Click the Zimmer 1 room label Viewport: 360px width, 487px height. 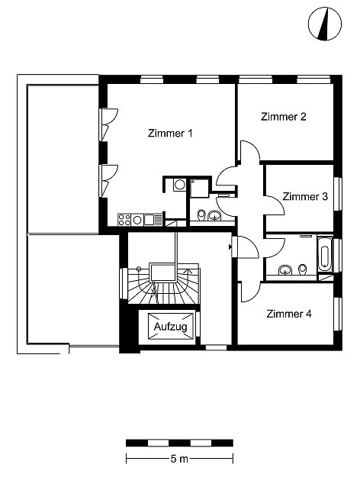tap(170, 134)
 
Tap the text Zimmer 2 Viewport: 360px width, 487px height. tap(283, 117)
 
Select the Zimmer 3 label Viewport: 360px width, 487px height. tap(305, 197)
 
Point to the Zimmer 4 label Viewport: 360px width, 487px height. tap(288, 314)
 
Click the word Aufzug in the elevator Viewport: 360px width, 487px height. tap(171, 327)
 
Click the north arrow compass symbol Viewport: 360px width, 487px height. tap(325, 24)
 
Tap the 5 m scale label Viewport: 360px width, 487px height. tap(179, 459)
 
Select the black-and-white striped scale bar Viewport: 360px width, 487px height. tap(179, 443)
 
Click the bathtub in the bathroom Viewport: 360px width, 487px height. tap(325, 257)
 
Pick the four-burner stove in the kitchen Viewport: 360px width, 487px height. tap(124, 220)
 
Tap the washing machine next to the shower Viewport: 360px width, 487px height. tap(179, 185)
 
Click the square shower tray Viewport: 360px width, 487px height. tap(200, 188)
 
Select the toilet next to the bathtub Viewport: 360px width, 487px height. tap(302, 269)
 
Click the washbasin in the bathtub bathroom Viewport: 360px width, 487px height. tap(285, 270)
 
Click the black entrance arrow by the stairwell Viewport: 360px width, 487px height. tap(230, 247)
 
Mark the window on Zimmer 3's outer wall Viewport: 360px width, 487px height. tap(337, 194)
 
